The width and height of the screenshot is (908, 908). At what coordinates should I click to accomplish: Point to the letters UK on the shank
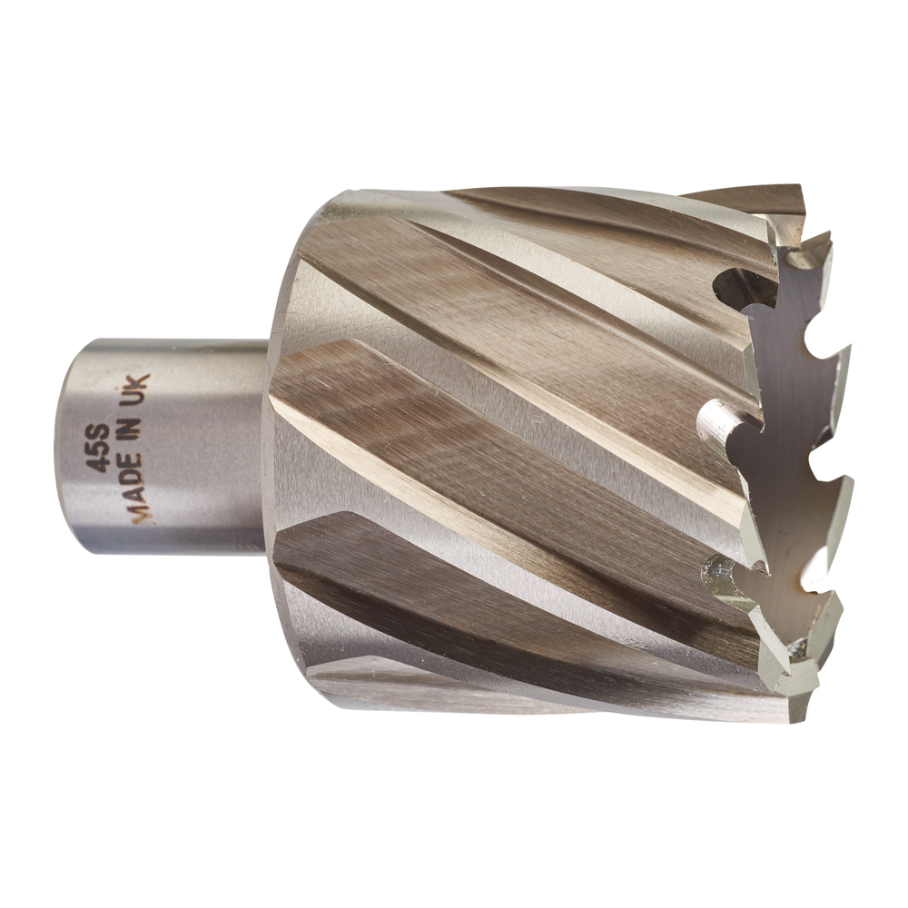click(141, 390)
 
